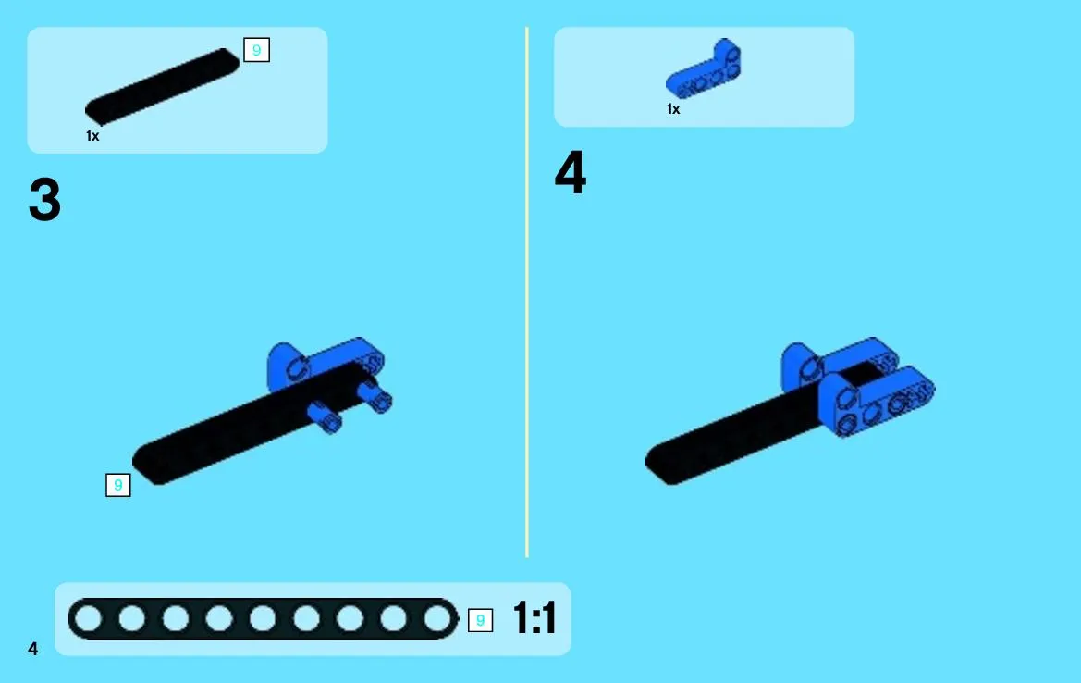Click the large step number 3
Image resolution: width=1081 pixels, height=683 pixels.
[44, 199]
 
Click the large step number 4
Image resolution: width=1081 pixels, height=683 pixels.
[571, 172]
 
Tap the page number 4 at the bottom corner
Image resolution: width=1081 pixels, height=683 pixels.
[33, 649]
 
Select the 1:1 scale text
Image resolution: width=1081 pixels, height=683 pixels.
[535, 617]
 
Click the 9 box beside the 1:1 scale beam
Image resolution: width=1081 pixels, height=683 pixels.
[481, 620]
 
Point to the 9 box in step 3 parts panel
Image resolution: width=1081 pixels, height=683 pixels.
[256, 50]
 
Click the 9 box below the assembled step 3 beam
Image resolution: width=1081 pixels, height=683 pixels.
[117, 485]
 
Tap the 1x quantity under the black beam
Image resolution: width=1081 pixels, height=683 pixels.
[92, 136]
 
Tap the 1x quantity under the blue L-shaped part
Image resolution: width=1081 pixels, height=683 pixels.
[673, 109]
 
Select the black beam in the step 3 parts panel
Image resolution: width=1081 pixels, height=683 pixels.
[162, 86]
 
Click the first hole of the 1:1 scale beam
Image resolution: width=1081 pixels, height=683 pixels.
[88, 619]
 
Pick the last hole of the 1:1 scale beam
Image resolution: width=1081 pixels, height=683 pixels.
[437, 619]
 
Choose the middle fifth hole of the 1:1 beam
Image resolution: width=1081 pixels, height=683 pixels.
[263, 619]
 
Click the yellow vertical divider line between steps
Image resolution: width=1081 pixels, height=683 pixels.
[527, 292]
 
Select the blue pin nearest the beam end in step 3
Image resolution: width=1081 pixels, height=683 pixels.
[324, 416]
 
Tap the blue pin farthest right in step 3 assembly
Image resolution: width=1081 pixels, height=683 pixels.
[375, 397]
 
